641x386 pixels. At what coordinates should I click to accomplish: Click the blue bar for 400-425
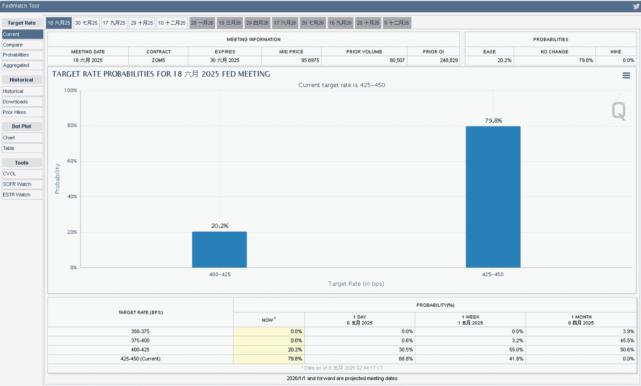point(220,249)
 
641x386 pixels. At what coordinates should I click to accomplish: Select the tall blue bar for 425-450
point(493,197)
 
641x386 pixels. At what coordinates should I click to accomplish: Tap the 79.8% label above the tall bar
point(493,121)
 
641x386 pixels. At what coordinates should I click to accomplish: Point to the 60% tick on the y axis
point(72,161)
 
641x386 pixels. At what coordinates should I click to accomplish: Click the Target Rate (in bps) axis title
point(356,284)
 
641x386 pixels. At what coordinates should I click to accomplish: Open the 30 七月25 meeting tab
point(86,23)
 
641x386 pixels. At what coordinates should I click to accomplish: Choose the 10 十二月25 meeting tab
point(172,23)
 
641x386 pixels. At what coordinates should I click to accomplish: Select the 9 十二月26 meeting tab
point(397,23)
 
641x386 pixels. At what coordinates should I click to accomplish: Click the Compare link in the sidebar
point(22,45)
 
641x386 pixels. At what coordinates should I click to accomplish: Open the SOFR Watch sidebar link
point(22,184)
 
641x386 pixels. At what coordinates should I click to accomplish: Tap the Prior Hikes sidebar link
point(22,112)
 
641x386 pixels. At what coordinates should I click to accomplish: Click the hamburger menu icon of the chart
point(626,76)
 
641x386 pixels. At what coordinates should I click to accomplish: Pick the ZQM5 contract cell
point(158,61)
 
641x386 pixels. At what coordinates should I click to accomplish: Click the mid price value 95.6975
point(310,61)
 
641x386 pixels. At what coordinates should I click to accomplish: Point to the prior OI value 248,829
point(449,61)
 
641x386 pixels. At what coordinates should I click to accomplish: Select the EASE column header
point(489,52)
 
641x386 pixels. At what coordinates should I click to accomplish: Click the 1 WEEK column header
point(470,317)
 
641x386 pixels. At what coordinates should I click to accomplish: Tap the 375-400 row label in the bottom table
point(140,341)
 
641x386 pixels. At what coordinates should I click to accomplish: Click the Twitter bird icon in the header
point(636,6)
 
